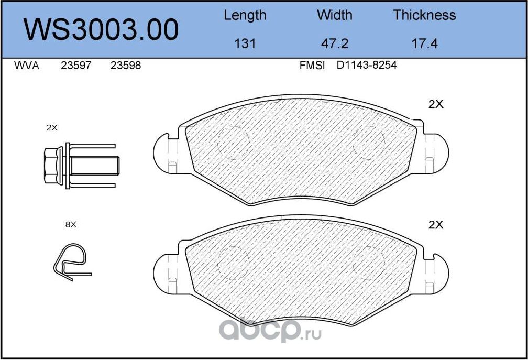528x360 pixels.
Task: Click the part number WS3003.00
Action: pyautogui.click(x=101, y=30)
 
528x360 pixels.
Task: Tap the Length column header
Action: pyautogui.click(x=245, y=16)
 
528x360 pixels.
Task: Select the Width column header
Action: pyautogui.click(x=334, y=15)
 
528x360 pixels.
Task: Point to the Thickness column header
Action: pyautogui.click(x=424, y=15)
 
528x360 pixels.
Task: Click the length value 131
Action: pyautogui.click(x=245, y=44)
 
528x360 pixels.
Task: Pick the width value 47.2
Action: pyautogui.click(x=334, y=44)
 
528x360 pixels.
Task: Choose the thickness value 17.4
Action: pyautogui.click(x=425, y=44)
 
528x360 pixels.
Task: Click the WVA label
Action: pyautogui.click(x=27, y=66)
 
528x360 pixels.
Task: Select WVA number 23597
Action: pyautogui.click(x=76, y=66)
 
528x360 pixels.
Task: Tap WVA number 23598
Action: pyautogui.click(x=126, y=66)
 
